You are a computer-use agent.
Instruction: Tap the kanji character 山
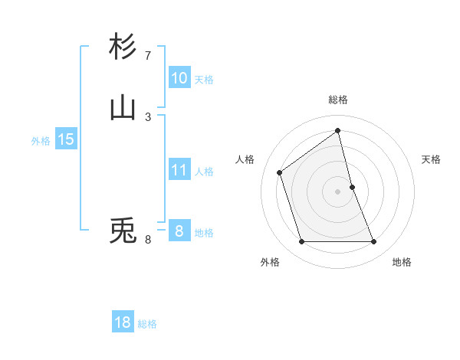(123, 108)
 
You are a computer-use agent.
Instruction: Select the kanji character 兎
(123, 231)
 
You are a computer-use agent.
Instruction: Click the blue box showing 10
(179, 78)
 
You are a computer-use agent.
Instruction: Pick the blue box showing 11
(179, 170)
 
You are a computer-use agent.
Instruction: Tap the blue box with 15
(65, 139)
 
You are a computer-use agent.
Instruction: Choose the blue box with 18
(123, 322)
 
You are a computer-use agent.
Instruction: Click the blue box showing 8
(179, 231)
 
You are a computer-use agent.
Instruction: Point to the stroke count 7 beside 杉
(148, 55)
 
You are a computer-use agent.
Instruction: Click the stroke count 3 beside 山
(148, 116)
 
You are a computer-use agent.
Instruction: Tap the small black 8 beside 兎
(148, 240)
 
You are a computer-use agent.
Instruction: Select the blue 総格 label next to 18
(147, 324)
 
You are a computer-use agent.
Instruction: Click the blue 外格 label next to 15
(41, 141)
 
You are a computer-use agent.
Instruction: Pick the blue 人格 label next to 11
(204, 172)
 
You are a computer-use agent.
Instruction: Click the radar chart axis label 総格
(338, 100)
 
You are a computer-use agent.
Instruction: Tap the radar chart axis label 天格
(432, 159)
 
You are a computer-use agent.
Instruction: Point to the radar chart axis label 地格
(402, 262)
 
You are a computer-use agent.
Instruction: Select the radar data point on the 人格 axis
(280, 172)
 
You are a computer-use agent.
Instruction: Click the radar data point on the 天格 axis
(352, 187)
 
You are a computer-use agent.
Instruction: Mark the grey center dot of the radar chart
(338, 191)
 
